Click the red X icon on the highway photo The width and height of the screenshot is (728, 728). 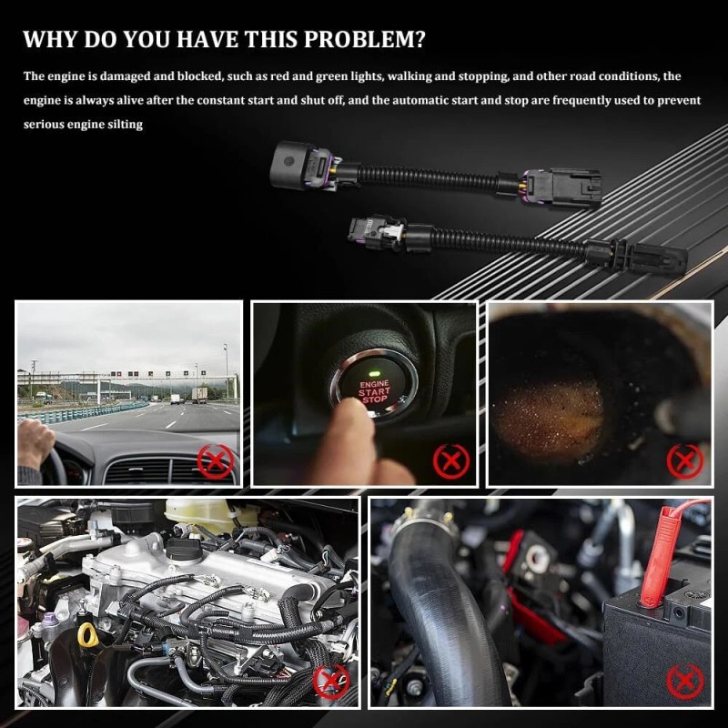click(216, 461)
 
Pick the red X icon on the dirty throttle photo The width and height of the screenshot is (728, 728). click(684, 460)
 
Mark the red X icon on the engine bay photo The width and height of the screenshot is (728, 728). click(331, 680)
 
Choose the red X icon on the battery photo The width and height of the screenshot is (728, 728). click(684, 681)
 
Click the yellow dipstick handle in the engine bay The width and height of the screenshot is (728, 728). click(87, 634)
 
